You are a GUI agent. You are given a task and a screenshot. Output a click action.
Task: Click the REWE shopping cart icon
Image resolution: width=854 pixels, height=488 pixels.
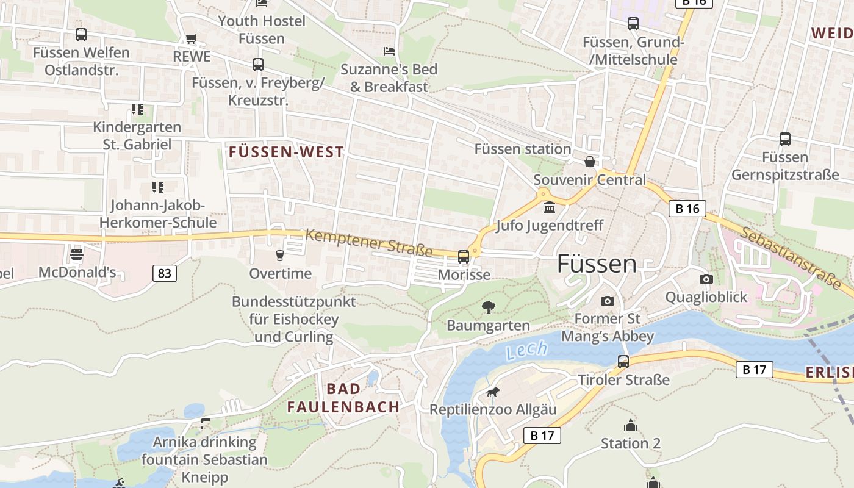(192, 39)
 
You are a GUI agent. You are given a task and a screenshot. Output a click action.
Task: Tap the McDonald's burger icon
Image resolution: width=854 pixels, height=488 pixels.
(76, 254)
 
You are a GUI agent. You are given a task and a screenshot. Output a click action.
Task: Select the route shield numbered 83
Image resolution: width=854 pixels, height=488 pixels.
(165, 273)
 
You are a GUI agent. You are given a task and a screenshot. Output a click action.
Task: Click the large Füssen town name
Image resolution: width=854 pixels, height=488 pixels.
(597, 264)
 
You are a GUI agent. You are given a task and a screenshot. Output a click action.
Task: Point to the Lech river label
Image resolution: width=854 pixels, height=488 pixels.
(526, 351)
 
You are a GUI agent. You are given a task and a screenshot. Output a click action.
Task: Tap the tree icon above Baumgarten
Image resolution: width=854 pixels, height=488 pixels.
(488, 307)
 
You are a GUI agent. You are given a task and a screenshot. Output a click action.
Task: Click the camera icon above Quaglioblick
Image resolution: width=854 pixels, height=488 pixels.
(706, 279)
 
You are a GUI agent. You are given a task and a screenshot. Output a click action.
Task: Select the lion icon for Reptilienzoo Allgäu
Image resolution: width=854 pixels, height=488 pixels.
(492, 392)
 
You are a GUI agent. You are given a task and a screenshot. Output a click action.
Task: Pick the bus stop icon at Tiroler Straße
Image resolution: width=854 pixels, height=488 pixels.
(623, 361)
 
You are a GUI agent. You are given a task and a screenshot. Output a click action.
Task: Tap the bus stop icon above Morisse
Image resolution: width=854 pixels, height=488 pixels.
(464, 256)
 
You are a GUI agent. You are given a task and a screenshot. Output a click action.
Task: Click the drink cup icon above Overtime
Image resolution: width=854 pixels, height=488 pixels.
(280, 255)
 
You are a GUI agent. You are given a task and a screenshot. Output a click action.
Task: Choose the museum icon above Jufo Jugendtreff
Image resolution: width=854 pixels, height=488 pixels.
(550, 207)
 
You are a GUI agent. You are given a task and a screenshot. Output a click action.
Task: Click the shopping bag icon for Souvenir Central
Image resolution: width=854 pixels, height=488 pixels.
(589, 162)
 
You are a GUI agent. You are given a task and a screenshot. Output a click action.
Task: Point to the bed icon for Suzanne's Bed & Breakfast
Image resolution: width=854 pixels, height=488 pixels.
(389, 51)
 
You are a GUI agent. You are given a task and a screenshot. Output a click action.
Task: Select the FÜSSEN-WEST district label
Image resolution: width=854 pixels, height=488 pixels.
(286, 152)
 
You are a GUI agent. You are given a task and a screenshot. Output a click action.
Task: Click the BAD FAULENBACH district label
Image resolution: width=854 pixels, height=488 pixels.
(343, 398)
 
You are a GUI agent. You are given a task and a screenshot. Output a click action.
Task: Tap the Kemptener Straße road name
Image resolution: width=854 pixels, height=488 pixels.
(369, 242)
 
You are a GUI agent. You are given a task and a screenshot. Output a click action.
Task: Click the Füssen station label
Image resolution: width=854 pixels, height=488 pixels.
(523, 149)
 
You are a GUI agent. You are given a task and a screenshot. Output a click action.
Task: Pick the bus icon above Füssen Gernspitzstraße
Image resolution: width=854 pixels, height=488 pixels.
(785, 139)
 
